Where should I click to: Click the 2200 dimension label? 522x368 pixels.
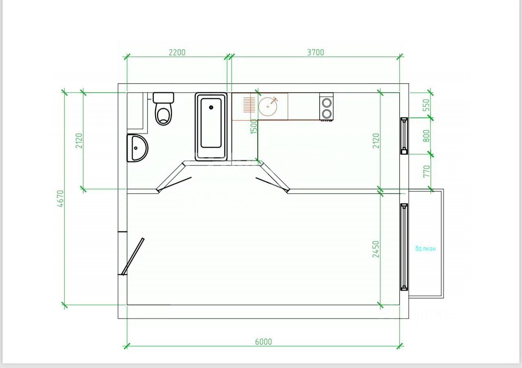pos(177,53)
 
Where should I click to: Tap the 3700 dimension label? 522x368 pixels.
pos(316,53)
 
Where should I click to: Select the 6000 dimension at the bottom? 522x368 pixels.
pos(263,342)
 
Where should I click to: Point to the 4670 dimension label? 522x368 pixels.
pos(60,199)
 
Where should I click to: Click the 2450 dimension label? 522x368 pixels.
pos(376,249)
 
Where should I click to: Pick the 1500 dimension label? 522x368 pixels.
pos(254,126)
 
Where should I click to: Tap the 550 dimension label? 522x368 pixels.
pos(426,105)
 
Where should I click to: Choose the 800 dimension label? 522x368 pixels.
pos(426,136)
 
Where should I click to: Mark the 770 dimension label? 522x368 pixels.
pos(426,171)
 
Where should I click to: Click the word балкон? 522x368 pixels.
pos(425,249)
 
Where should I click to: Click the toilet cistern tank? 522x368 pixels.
pos(164,98)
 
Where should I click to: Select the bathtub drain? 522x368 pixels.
pos(211,108)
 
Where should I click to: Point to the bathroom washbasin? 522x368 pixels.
pos(137,148)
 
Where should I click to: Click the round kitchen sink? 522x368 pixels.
pos(268,106)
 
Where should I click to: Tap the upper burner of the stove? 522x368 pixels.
pos(327,103)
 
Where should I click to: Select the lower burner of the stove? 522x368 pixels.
pos(327,113)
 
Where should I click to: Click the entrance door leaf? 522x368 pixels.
pos(133,257)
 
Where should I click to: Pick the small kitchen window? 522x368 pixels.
pos(404,136)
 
